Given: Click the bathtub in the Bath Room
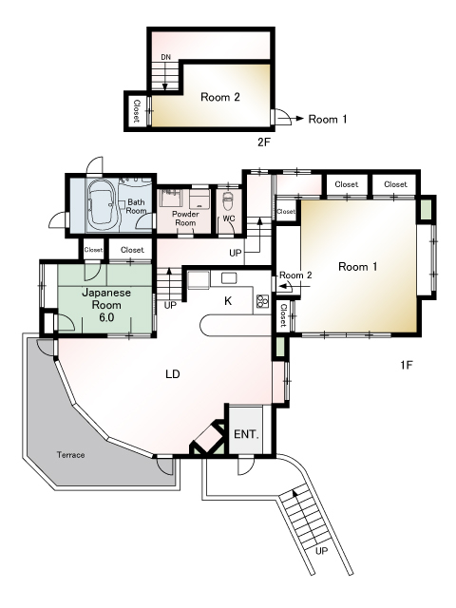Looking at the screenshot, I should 101,204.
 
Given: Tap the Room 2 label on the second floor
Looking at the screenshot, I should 219,96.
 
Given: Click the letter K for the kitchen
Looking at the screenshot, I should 228,300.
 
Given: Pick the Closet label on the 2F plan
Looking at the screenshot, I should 137,112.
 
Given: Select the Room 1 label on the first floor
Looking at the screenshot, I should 358,267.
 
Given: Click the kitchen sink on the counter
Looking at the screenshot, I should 229,277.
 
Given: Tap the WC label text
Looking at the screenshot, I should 228,218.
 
